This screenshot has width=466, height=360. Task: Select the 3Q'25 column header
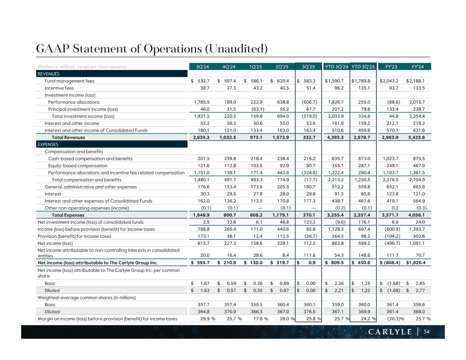pos(308,67)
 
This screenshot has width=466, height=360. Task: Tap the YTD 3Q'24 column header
pos(336,67)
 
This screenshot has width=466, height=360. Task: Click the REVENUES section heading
pos(48,74)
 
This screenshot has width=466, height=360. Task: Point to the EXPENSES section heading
pos(48,144)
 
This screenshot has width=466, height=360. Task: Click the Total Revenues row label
pos(68,138)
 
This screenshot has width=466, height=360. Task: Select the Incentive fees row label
pos(59,88)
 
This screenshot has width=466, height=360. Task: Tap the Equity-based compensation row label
pos(77,166)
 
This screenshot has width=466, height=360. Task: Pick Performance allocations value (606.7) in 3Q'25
pos(309,102)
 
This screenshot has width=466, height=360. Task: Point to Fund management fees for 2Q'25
pos(282,81)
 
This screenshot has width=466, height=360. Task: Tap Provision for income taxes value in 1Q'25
pos(256,236)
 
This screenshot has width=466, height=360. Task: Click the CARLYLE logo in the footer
pos(390,332)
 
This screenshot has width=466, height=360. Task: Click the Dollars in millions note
pos(82,67)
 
